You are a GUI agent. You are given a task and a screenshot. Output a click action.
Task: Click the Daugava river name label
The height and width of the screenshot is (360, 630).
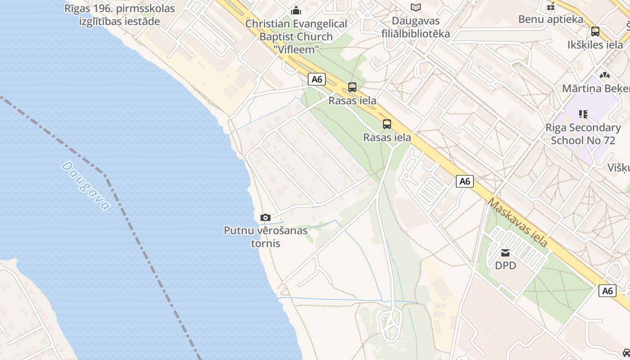click(85, 185)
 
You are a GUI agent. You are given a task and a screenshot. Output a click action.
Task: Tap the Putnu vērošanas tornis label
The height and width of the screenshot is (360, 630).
click(265, 237)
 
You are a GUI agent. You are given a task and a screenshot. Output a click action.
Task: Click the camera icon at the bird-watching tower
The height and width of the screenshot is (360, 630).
click(265, 218)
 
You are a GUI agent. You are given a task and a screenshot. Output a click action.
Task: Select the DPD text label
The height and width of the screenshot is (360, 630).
click(505, 265)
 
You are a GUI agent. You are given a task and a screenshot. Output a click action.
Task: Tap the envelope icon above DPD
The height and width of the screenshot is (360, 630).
click(505, 253)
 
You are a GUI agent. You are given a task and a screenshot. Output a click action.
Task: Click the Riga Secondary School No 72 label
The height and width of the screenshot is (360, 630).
click(583, 134)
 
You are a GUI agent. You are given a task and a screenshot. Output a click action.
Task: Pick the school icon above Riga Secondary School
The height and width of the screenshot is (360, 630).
click(583, 114)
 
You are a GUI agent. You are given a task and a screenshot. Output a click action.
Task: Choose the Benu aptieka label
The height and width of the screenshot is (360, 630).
click(550, 19)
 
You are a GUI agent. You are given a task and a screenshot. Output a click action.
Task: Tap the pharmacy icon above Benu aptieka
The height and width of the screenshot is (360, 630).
click(550, 7)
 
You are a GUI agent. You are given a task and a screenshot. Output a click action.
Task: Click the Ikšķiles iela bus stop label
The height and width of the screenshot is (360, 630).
click(595, 45)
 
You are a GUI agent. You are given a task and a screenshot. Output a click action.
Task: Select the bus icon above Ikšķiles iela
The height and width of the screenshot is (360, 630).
click(595, 31)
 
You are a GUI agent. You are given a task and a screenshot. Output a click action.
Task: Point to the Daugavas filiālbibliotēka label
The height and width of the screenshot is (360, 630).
click(415, 27)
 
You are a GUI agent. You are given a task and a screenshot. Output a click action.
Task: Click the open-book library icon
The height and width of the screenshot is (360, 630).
click(415, 7)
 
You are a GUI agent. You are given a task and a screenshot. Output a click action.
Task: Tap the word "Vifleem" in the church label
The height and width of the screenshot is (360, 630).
click(296, 49)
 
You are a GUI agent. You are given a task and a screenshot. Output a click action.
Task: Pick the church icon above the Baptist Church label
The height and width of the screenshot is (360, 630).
click(296, 10)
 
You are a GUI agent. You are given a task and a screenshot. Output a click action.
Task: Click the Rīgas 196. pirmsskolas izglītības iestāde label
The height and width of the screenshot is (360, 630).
click(119, 14)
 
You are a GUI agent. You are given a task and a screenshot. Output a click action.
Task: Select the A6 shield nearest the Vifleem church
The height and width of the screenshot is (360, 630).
click(317, 79)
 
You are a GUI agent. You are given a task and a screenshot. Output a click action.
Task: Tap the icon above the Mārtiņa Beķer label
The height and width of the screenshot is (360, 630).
click(604, 75)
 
